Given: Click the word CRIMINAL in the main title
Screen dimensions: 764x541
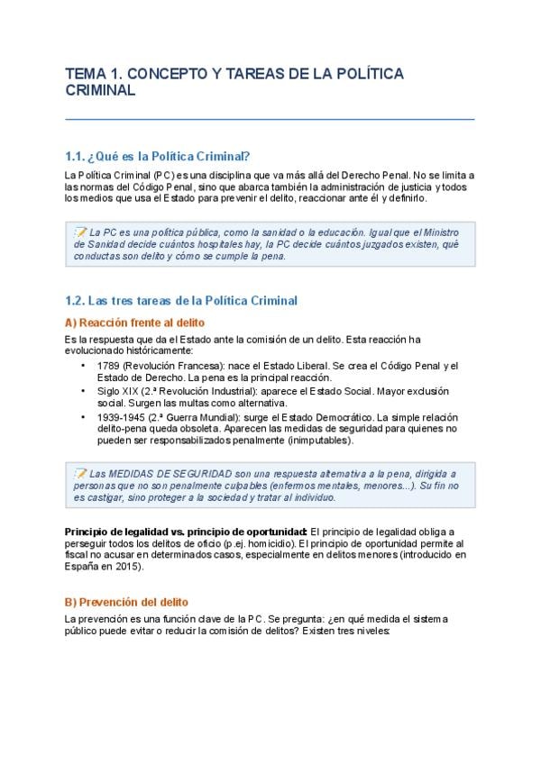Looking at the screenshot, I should (100, 90).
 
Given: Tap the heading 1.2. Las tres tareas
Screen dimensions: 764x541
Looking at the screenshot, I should (181, 300).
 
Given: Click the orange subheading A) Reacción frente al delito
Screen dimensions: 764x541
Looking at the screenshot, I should (134, 322).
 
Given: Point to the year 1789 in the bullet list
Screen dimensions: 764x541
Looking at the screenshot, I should (108, 365).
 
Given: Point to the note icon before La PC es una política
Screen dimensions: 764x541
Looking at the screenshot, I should (80, 232).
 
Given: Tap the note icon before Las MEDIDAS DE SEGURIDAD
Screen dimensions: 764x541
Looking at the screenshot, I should (80, 473).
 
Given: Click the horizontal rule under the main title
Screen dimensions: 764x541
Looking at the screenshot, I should (270, 119).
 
